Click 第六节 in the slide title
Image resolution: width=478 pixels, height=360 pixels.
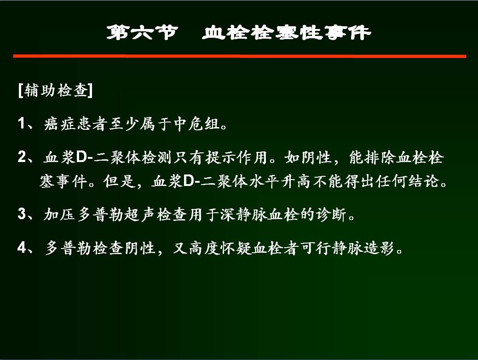click(142, 32)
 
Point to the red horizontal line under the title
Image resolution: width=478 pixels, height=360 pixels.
click(240, 56)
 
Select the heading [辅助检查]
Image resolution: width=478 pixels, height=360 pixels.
click(56, 90)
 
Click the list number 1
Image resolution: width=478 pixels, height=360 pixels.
click(21, 123)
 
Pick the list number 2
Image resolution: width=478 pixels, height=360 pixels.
click(22, 157)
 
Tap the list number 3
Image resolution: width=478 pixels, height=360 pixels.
click(22, 214)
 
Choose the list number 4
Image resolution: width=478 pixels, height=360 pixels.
click(22, 247)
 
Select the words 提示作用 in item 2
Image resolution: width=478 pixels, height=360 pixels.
click(236, 157)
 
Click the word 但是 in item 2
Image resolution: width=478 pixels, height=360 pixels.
click(119, 181)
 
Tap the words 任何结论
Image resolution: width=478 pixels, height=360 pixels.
click(408, 181)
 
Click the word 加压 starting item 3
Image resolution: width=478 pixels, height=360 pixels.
click(59, 214)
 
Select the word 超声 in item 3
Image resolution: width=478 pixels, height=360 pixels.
click(140, 214)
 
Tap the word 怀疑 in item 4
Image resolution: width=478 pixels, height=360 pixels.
click(236, 248)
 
